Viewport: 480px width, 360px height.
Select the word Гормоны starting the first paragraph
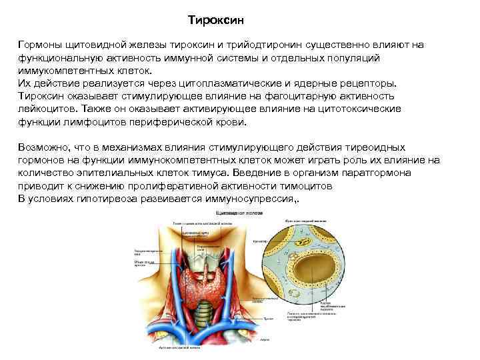[x=39, y=44]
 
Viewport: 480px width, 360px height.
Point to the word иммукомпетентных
[x=63, y=70]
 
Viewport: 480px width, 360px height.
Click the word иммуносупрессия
[x=254, y=199]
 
